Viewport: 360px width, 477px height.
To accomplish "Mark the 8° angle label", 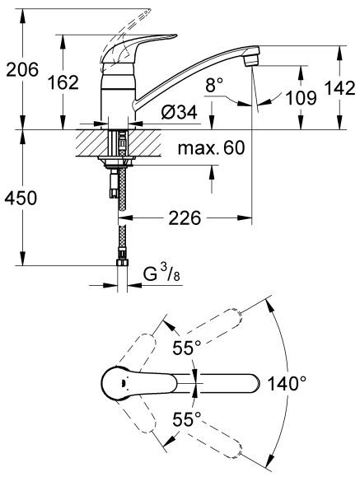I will click(215, 84).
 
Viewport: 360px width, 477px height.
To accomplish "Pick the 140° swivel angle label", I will click(286, 382).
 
